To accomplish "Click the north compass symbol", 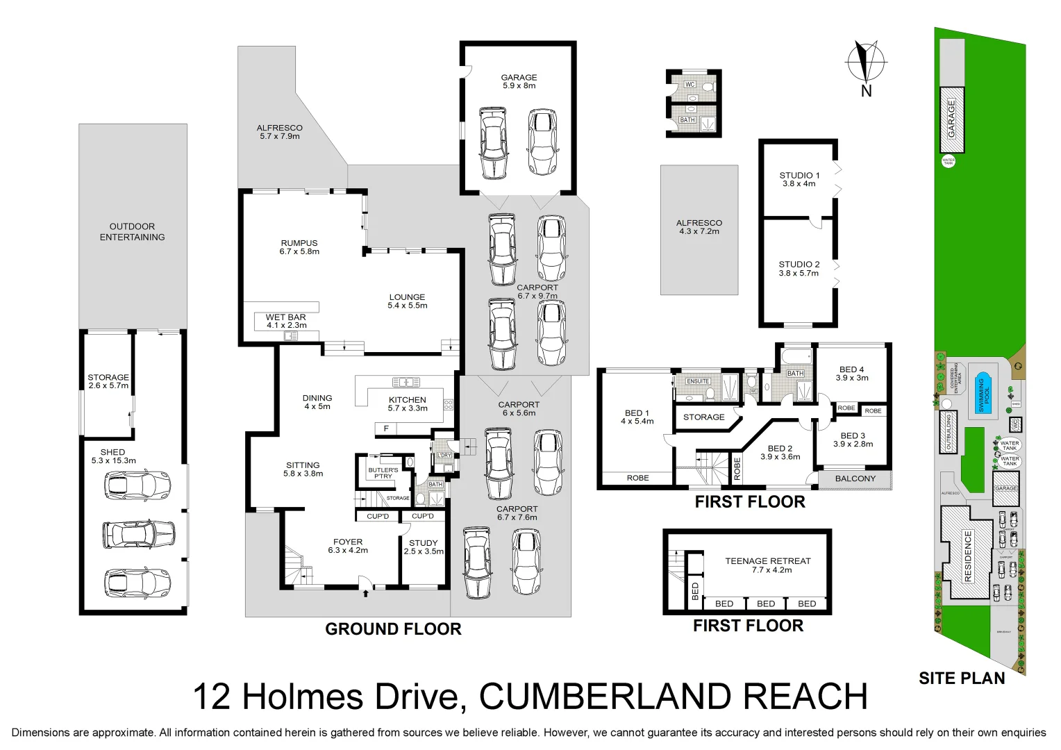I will (x=866, y=62).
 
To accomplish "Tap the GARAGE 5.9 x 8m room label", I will (x=519, y=81).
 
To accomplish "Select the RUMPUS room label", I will (x=299, y=247).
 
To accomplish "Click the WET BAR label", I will (x=286, y=321).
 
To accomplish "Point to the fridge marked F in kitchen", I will (x=386, y=428).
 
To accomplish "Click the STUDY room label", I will (x=424, y=547).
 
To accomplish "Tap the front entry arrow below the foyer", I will (x=366, y=592).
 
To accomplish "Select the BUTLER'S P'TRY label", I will (x=383, y=473).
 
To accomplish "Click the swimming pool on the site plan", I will (x=983, y=393).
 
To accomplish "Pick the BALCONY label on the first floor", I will (x=855, y=478).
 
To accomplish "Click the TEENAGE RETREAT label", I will (x=767, y=565).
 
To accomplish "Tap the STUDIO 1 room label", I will (x=799, y=179).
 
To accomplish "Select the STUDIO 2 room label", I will (x=799, y=269).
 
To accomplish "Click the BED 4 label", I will (x=852, y=374).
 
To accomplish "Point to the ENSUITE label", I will (x=698, y=381).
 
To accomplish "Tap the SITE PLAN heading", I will (x=962, y=678).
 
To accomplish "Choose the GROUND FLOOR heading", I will (x=393, y=629).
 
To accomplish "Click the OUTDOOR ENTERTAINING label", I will (x=132, y=232).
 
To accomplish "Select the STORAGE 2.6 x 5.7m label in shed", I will (x=108, y=381).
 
